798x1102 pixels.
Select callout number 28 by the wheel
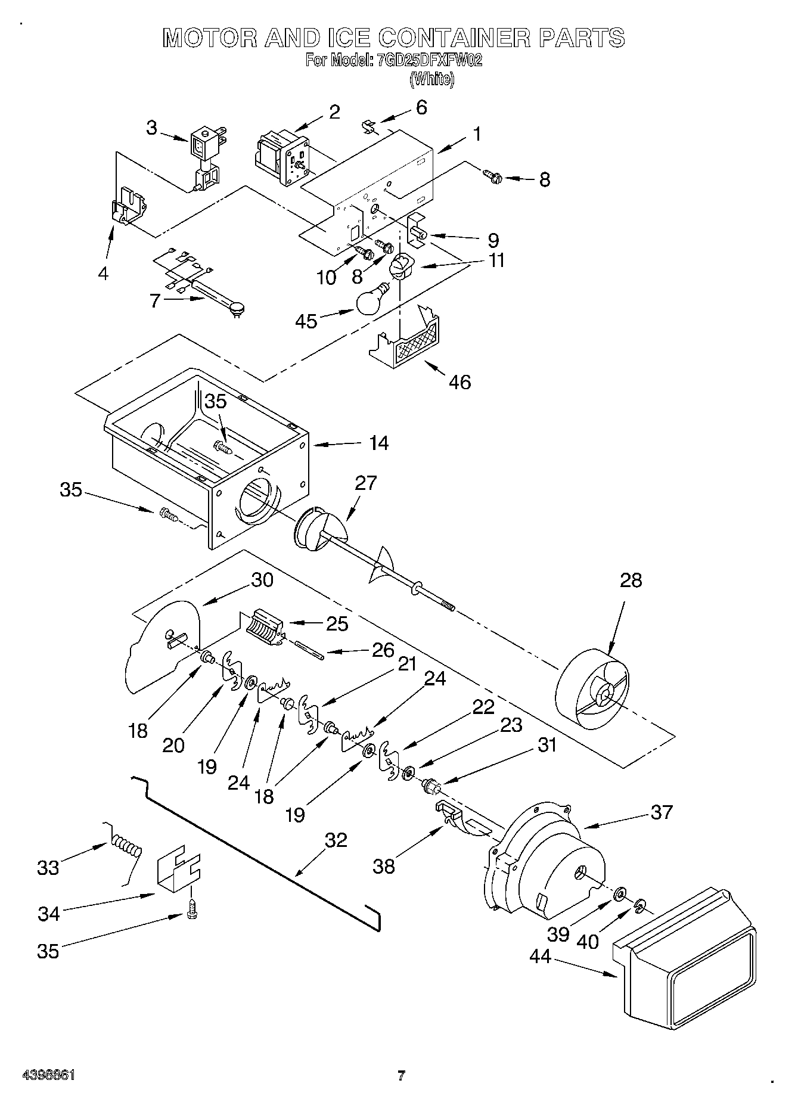[x=631, y=580]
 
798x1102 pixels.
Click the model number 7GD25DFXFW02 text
[x=429, y=60]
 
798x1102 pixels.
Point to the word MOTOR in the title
[x=210, y=38]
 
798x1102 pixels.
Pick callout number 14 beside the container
[x=378, y=443]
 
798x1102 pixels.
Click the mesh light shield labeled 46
[x=412, y=342]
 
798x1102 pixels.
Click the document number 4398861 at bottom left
[x=48, y=1075]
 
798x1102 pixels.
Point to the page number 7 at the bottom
[x=401, y=1076]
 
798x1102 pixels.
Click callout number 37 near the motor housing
[x=661, y=812]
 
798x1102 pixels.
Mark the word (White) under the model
[x=432, y=79]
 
